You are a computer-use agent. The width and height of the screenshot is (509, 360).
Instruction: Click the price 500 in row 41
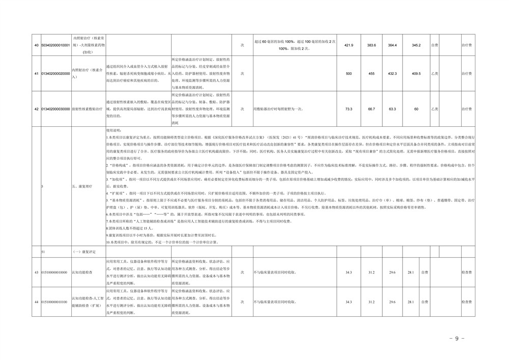pos(349,74)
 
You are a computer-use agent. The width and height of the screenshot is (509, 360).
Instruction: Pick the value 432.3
pos(392,74)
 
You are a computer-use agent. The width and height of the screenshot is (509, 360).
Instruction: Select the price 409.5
pos(416,74)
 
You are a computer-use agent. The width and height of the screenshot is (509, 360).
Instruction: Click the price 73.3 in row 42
pos(349,109)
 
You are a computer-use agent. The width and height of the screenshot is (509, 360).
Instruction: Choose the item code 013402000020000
pos(55,74)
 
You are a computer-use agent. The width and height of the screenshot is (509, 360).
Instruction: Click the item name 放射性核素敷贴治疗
pos(87,109)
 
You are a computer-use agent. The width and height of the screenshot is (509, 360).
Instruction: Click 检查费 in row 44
pos(466,302)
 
